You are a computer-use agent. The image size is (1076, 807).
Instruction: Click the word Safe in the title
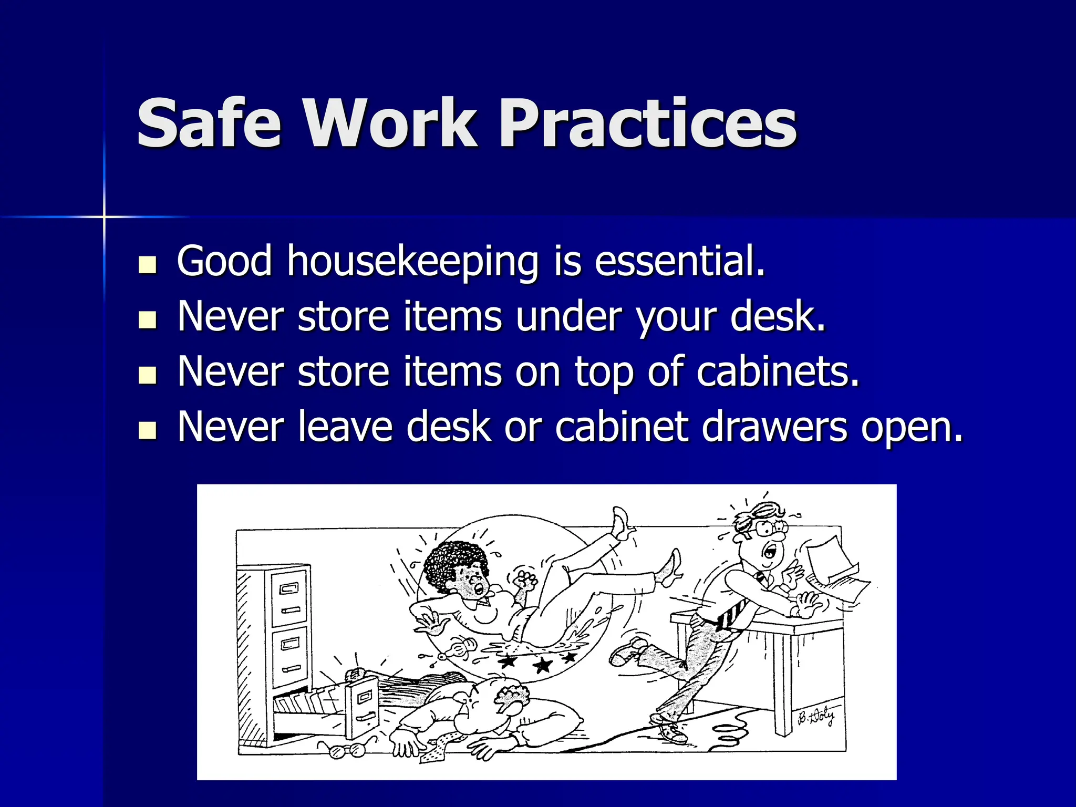coord(209,125)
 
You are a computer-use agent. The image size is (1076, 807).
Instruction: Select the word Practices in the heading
coord(647,125)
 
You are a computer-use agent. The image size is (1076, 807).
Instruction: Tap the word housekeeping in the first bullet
coord(412,261)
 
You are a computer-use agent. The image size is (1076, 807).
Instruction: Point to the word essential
coord(679,261)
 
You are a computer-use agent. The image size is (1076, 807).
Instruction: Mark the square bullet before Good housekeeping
coord(148,265)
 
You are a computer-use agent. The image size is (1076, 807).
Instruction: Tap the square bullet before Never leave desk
coord(148,431)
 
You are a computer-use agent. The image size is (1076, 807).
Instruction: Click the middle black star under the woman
coord(542,665)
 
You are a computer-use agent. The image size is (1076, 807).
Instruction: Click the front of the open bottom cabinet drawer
coord(363,707)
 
